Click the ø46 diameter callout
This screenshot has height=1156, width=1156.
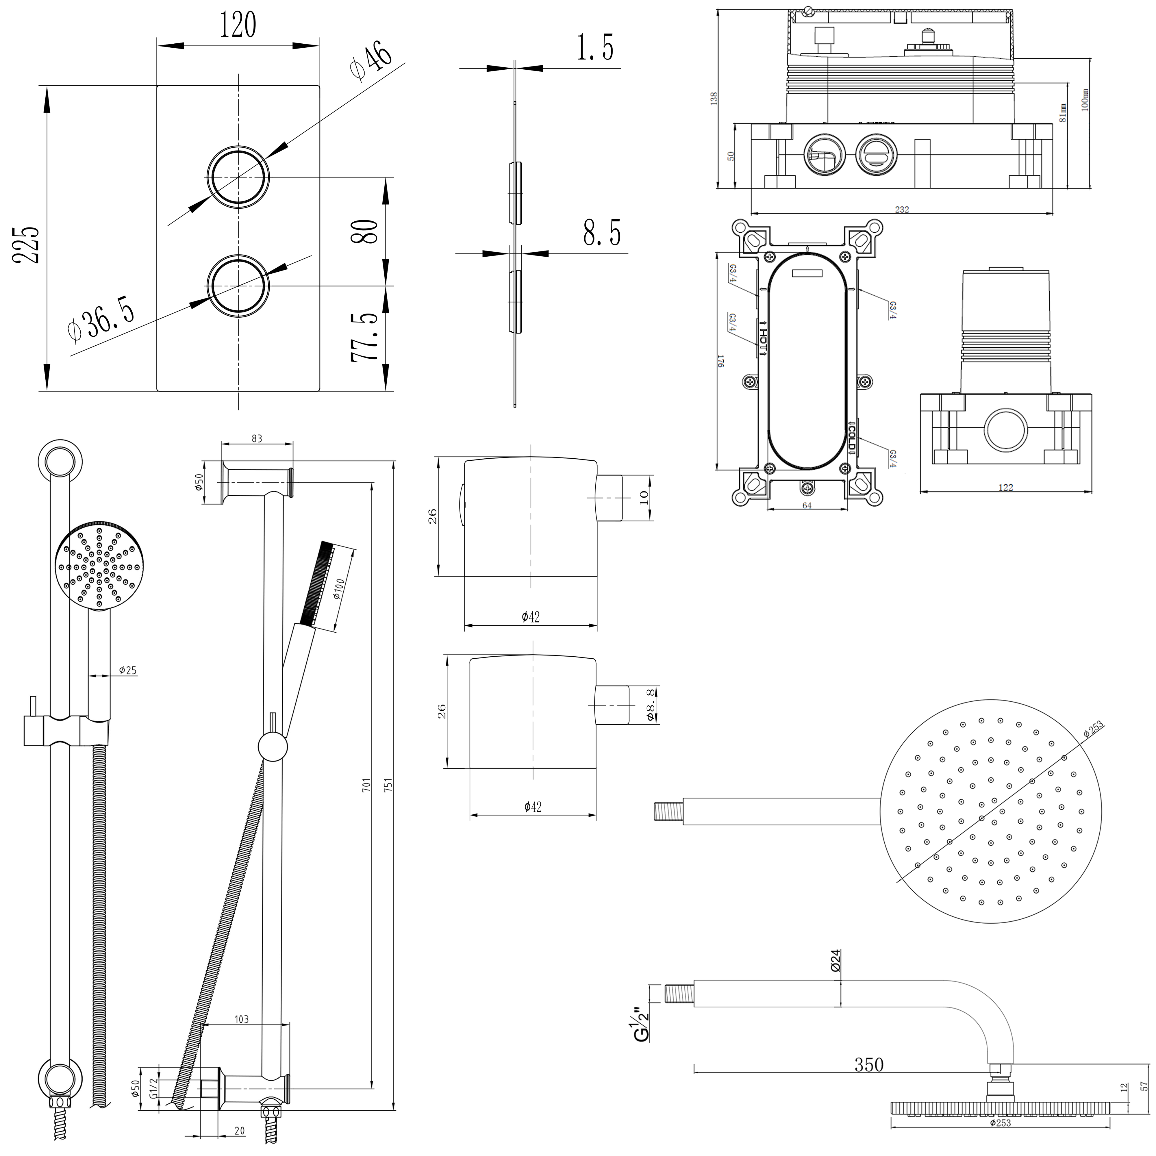tap(371, 60)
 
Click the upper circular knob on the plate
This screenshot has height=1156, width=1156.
tap(238, 177)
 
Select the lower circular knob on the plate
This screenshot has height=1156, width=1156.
tap(238, 286)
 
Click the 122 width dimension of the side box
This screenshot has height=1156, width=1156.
tap(1006, 488)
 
